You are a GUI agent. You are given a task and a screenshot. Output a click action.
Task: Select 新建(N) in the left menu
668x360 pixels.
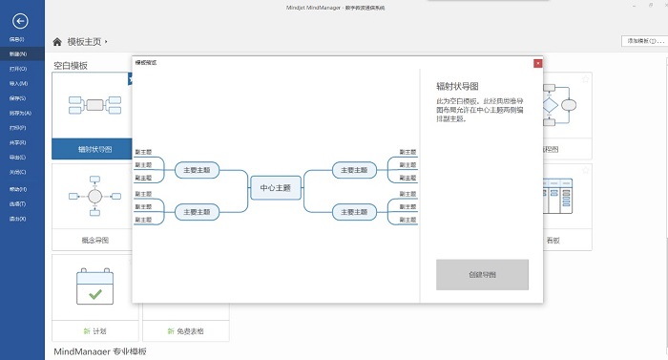tap(17, 53)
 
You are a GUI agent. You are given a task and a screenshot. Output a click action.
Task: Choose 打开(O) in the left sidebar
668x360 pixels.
tap(17, 69)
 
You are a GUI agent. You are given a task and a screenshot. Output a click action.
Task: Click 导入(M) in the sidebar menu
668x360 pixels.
tap(17, 83)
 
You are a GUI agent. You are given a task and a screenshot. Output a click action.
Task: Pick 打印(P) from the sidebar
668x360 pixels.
tap(17, 127)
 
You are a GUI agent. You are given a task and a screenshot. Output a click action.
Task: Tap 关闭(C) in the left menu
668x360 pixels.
tap(17, 172)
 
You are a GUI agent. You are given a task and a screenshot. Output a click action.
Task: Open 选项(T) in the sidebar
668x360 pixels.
tap(17, 203)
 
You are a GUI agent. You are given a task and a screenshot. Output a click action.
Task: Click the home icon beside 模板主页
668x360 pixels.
tap(57, 42)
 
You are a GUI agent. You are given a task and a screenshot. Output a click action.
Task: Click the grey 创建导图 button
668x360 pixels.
tap(481, 274)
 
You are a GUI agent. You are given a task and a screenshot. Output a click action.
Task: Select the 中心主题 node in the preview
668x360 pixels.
tap(275, 188)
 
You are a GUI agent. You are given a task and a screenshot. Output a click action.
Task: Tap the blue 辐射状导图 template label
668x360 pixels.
tap(94, 149)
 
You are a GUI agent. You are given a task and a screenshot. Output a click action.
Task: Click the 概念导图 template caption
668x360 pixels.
tap(94, 241)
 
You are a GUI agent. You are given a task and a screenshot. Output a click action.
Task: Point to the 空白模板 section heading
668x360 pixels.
tap(71, 66)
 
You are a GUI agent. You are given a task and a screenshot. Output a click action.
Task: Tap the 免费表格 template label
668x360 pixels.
tap(186, 331)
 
